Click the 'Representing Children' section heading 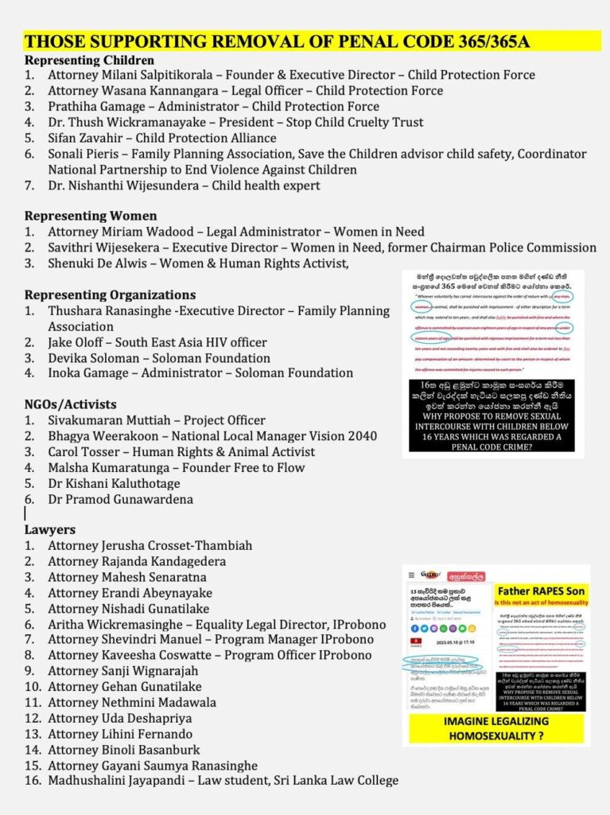(89, 60)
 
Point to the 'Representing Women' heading (91, 216)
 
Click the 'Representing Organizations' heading (110, 294)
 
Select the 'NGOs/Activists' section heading (71, 404)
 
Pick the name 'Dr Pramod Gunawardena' (120, 499)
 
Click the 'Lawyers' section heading (50, 529)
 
